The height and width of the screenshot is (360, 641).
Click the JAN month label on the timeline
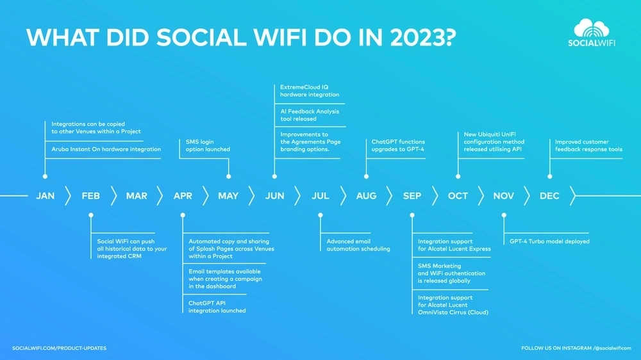45,196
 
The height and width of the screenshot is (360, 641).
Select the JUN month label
275,196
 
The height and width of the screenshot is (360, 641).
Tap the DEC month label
549,196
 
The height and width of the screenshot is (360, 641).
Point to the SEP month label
412,196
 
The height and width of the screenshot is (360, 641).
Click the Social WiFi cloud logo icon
591,28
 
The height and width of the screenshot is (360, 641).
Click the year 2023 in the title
423,38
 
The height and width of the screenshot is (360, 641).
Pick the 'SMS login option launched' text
208,145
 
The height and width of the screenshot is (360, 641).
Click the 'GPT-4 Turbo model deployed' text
549,241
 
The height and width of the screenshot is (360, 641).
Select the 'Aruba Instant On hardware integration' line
106,149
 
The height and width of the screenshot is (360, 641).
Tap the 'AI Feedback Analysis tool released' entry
310,115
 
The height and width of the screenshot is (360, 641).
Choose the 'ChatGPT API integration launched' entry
217,307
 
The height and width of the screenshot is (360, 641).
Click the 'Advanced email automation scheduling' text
358,245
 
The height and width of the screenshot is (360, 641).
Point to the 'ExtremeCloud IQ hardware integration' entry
310,91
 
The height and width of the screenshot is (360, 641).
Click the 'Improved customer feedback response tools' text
588,145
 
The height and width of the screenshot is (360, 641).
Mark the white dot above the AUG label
366,177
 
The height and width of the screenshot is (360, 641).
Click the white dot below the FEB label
91,215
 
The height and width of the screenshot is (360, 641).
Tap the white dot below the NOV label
504,215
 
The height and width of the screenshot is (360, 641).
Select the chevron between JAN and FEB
68,196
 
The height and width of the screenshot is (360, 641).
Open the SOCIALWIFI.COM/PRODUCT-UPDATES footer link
59,348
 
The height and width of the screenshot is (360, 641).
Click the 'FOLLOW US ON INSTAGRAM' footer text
556,348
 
